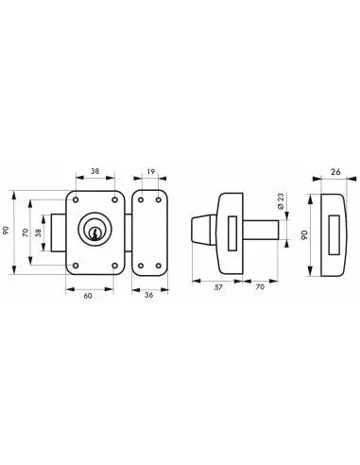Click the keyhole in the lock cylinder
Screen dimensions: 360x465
click(x=94, y=233)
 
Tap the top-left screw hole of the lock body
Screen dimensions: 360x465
click(x=76, y=199)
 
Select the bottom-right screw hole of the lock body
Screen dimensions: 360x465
click(x=114, y=266)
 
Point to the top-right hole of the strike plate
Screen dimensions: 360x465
click(x=159, y=200)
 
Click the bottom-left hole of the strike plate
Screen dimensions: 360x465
click(x=141, y=266)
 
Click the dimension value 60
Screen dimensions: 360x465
click(x=88, y=296)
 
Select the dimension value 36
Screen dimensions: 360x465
click(x=149, y=295)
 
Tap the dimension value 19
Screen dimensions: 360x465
click(x=151, y=172)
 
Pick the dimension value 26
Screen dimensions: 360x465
click(x=336, y=172)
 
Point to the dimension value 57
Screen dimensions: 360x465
click(x=218, y=287)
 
